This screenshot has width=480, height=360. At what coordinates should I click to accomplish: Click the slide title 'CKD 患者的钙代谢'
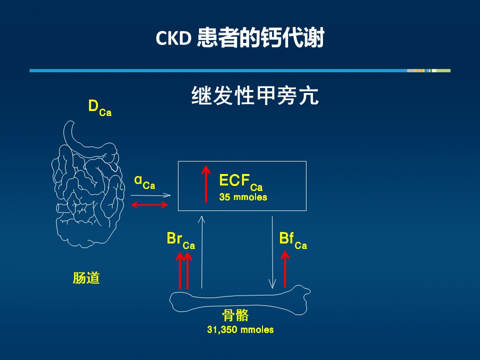pyautogui.click(x=240, y=38)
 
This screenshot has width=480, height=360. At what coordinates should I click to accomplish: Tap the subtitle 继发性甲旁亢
pyautogui.click(x=255, y=95)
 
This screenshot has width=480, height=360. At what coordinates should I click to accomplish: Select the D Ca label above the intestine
pyautogui.click(x=100, y=108)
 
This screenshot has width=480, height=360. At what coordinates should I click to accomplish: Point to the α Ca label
pyautogui.click(x=145, y=182)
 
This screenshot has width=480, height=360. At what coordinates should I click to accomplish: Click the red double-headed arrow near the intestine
pyautogui.click(x=149, y=204)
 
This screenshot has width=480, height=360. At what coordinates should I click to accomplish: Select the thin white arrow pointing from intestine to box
pyautogui.click(x=150, y=195)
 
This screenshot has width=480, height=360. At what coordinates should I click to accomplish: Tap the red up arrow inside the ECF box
pyautogui.click(x=206, y=184)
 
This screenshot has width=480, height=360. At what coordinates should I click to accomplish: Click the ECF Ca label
pyautogui.click(x=241, y=182)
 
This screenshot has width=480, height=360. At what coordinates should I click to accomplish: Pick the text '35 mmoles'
pyautogui.click(x=243, y=197)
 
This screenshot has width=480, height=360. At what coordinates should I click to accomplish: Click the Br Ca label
pyautogui.click(x=180, y=240)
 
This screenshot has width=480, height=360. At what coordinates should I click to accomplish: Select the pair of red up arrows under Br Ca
pyautogui.click(x=183, y=270)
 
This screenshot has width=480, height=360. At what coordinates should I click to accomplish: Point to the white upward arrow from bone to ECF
pyautogui.click(x=201, y=252)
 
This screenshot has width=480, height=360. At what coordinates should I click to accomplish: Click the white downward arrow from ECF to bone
pyautogui.click(x=272, y=252)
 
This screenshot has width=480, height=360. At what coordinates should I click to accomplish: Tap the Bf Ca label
pyautogui.click(x=293, y=240)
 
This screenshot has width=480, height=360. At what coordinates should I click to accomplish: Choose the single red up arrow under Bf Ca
pyautogui.click(x=285, y=269)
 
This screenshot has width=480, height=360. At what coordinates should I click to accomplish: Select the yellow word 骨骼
pyautogui.click(x=235, y=315)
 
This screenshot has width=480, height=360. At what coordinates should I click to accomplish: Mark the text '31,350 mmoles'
pyautogui.click(x=240, y=329)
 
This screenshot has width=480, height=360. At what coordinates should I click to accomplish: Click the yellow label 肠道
pyautogui.click(x=86, y=278)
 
